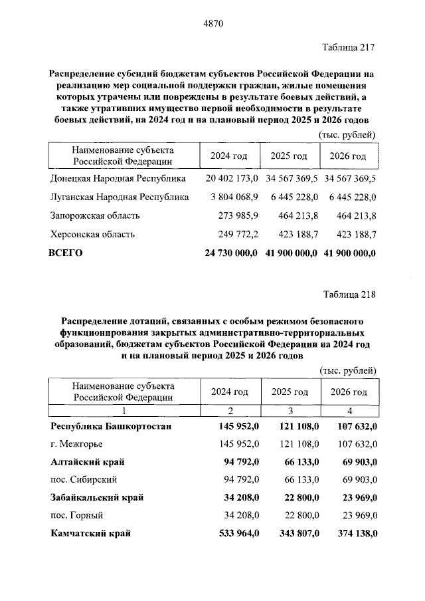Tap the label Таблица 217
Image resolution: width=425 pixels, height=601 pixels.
(x=349, y=47)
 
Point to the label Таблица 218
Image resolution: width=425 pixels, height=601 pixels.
(x=349, y=295)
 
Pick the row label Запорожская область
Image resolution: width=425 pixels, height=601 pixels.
(x=95, y=215)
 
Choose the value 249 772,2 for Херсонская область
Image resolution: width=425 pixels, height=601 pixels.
(x=238, y=234)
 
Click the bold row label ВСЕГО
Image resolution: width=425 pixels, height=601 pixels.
(x=66, y=253)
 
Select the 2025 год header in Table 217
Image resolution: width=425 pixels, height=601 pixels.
(x=289, y=156)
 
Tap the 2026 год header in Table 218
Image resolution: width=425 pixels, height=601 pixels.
(x=349, y=392)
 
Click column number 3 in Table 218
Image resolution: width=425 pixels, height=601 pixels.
(x=290, y=410)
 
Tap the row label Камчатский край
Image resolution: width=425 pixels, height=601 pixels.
(x=90, y=533)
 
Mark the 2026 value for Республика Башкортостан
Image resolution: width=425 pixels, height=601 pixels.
(x=353, y=425)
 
